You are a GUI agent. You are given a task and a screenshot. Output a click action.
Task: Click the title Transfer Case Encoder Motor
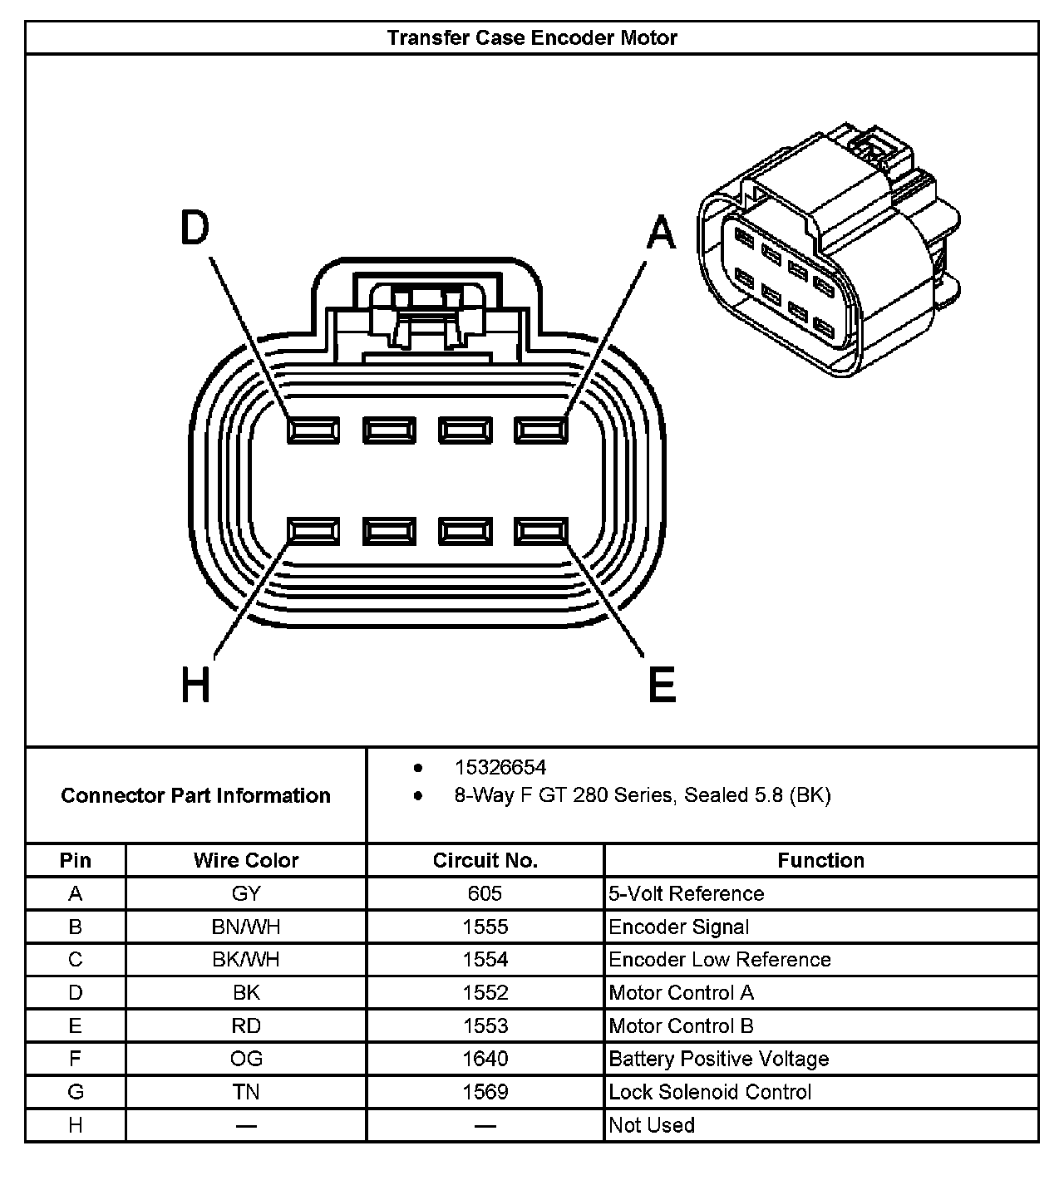coord(532,37)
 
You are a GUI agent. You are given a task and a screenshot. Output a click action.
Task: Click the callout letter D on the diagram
coord(195,229)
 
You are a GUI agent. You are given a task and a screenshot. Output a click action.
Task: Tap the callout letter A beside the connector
coord(662,233)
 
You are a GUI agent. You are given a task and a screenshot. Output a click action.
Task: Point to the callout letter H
coord(195,686)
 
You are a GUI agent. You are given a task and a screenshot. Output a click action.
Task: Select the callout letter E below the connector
coord(662,686)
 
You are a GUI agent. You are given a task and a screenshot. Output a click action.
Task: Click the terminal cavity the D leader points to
coord(313,430)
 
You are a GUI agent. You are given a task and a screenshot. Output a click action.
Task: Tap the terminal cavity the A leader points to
coord(540,430)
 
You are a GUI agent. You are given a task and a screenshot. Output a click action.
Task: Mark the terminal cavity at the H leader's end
coord(313,531)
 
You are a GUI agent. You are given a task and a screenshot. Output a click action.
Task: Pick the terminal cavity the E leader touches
coord(540,531)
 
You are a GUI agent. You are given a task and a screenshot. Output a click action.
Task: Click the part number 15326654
coord(500,767)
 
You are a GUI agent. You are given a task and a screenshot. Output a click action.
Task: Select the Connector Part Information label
coord(195,795)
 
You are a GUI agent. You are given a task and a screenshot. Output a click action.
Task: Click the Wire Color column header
coord(246,860)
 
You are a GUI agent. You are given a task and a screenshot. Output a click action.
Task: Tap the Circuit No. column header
coord(485,860)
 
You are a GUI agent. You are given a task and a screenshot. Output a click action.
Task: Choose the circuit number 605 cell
coord(485,893)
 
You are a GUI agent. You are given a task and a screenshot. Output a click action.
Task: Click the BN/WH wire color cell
coord(246,927)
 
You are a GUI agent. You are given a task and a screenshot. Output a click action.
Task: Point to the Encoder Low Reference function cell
coord(720,960)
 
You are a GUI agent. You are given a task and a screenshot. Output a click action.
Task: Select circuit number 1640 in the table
coord(485,1059)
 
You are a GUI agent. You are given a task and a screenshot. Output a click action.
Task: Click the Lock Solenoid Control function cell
coord(710,1092)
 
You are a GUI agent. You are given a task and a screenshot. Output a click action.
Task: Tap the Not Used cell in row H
coord(652,1125)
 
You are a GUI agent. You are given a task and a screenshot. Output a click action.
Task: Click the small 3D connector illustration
coord(827,253)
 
